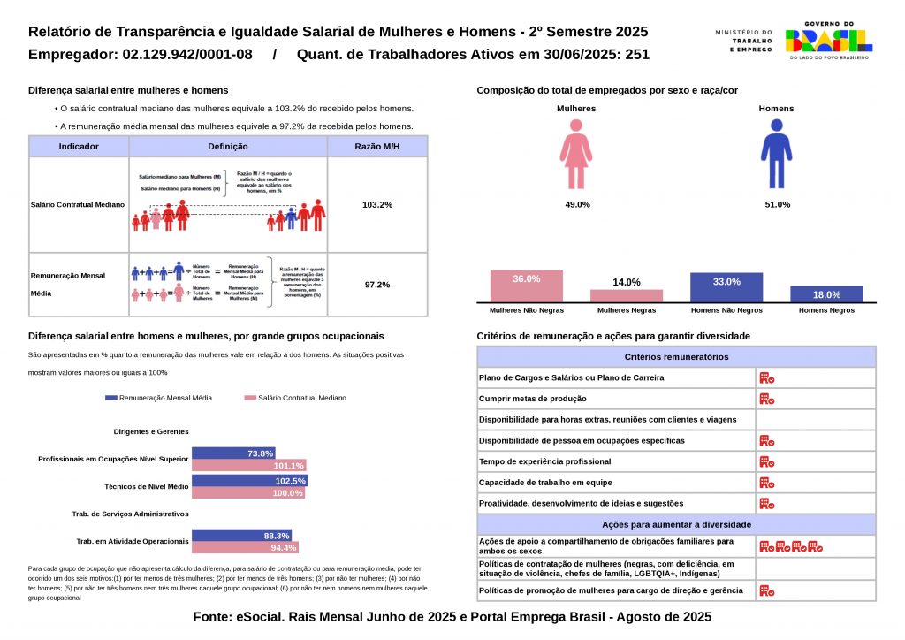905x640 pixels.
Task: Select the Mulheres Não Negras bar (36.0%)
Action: (x=527, y=286)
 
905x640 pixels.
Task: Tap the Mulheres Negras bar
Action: (x=627, y=295)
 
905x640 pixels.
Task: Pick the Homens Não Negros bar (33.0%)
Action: (x=726, y=287)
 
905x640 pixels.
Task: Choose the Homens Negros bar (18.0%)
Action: (x=826, y=294)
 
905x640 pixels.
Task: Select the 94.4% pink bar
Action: (x=245, y=548)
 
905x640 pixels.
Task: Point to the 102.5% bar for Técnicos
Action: (x=249, y=481)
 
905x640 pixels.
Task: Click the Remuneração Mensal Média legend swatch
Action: (x=110, y=399)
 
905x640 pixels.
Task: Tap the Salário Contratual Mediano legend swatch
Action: (x=250, y=399)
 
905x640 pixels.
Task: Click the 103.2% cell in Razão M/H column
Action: (x=377, y=205)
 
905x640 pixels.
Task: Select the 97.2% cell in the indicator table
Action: (x=377, y=285)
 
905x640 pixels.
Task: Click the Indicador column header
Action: (x=79, y=147)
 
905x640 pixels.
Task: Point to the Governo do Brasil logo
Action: (x=828, y=40)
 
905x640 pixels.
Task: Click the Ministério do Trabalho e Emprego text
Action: (x=743, y=40)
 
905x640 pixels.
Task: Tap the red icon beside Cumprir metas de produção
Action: (x=766, y=399)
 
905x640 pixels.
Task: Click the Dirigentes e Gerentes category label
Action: (x=152, y=431)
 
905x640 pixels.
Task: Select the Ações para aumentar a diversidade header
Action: (x=676, y=524)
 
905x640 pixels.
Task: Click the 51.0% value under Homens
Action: (x=778, y=204)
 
